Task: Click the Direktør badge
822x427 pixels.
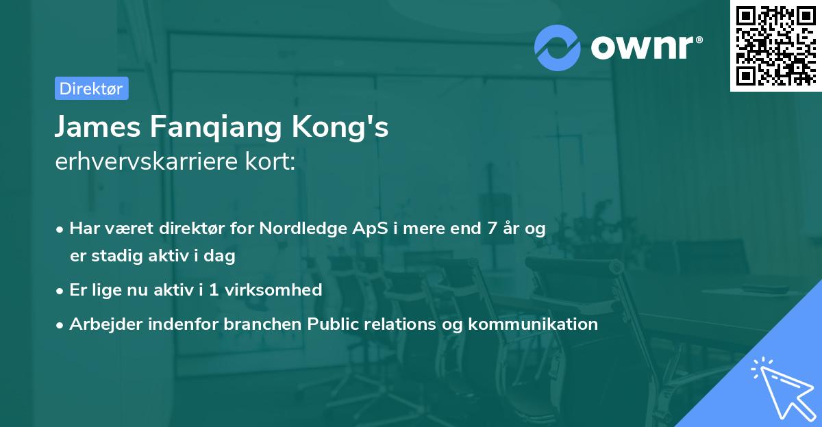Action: point(91,88)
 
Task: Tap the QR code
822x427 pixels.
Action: point(775,45)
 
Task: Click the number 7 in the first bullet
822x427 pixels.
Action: point(490,229)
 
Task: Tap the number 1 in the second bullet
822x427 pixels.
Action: point(214,289)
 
